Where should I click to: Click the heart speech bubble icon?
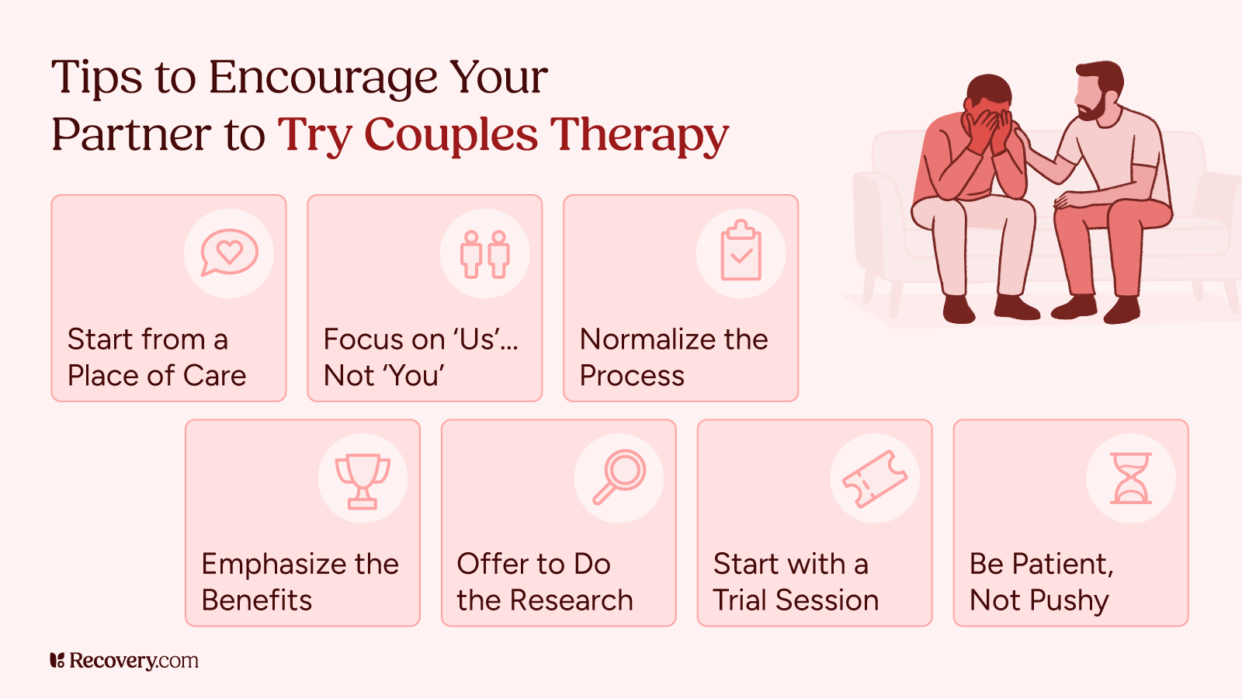pyautogui.click(x=229, y=252)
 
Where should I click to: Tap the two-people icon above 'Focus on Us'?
pyautogui.click(x=485, y=254)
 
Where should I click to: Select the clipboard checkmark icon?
pyautogui.click(x=741, y=252)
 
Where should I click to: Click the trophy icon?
pyautogui.click(x=363, y=480)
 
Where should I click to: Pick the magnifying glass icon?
pyautogui.click(x=619, y=477)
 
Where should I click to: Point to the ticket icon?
pyautogui.click(x=875, y=478)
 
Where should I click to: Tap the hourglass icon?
pyautogui.click(x=1131, y=478)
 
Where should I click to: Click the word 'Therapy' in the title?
pyautogui.click(x=640, y=135)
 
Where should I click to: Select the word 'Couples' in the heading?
pyautogui.click(x=450, y=135)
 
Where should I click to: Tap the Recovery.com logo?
pyautogui.click(x=124, y=661)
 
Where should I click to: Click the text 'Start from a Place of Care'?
pyautogui.click(x=157, y=357)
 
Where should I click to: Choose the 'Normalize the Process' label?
pyautogui.click(x=674, y=357)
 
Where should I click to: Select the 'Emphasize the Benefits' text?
pyautogui.click(x=300, y=582)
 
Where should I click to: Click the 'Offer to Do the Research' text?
pyautogui.click(x=545, y=582)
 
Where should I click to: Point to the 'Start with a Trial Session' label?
pyautogui.click(x=796, y=582)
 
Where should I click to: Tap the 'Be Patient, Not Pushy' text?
pyautogui.click(x=1042, y=582)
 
